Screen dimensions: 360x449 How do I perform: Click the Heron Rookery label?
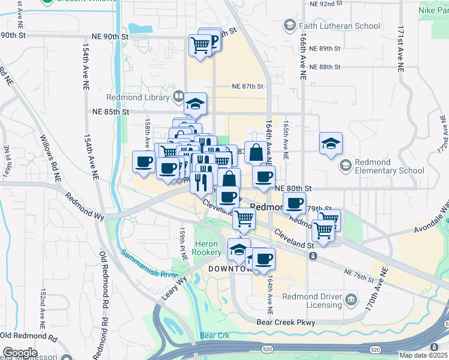pyautogui.click(x=207, y=248)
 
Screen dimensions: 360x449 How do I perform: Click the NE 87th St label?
pyautogui.click(x=248, y=86)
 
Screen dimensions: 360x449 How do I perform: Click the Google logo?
pyautogui.click(x=19, y=352)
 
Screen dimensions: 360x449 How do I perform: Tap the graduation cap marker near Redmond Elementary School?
pyautogui.click(x=331, y=144)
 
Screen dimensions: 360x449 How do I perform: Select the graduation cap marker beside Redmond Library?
pyautogui.click(x=195, y=104)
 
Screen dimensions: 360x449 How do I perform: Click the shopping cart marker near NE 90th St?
pyautogui.click(x=200, y=44)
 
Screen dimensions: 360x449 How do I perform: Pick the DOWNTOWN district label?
pyautogui.click(x=228, y=269)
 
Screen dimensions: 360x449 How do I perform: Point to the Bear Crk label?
pyautogui.click(x=215, y=335)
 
